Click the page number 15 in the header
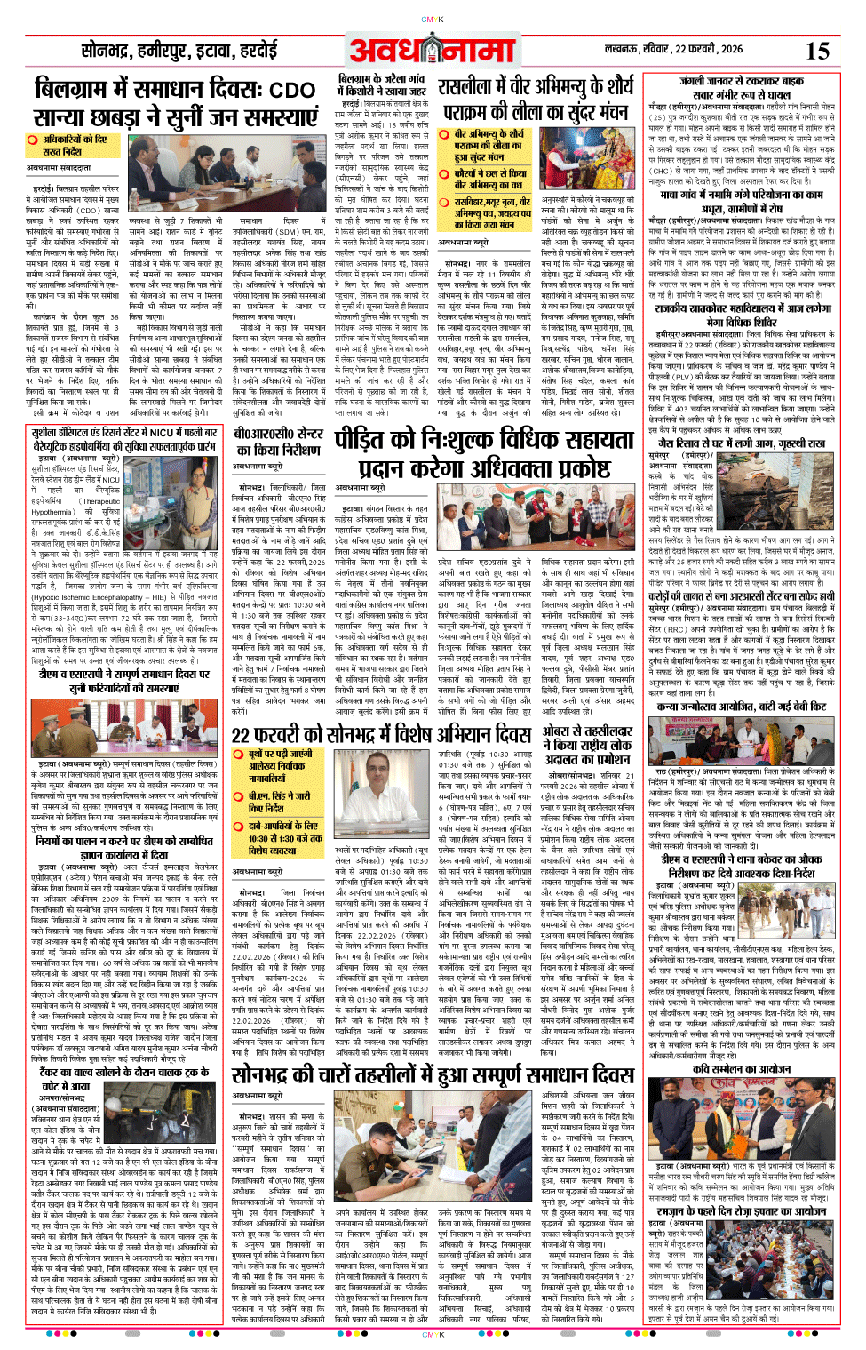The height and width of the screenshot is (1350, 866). point(817,50)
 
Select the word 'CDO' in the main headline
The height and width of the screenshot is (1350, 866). point(290,91)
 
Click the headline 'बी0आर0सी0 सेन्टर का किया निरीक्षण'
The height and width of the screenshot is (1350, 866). point(277,443)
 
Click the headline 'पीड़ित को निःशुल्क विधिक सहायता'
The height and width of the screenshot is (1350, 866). point(484,442)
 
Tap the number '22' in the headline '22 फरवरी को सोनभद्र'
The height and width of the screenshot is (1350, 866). point(242,735)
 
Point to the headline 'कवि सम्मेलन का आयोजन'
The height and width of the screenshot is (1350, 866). point(741,1068)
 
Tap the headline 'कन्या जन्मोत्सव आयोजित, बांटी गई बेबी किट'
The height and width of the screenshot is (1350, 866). point(741,707)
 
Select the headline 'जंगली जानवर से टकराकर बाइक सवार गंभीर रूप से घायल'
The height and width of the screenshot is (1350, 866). point(741,87)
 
